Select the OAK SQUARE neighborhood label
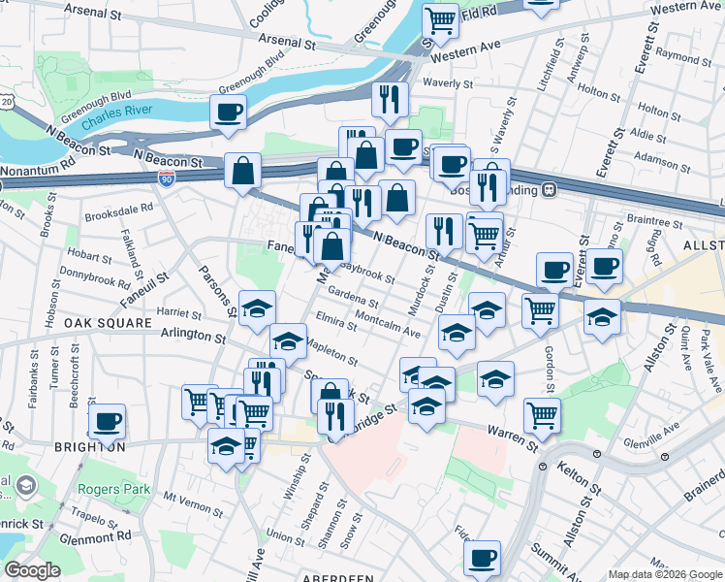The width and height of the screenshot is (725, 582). point(108,322)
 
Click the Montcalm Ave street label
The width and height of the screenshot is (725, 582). point(388,324)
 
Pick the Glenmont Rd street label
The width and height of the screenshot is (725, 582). point(94,535)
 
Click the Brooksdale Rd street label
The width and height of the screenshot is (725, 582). point(119,208)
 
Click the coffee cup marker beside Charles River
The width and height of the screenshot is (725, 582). point(228,112)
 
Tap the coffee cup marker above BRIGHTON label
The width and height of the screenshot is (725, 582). point(107,421)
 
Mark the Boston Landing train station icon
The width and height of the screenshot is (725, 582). point(549,189)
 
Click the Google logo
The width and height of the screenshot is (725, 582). point(32,570)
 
